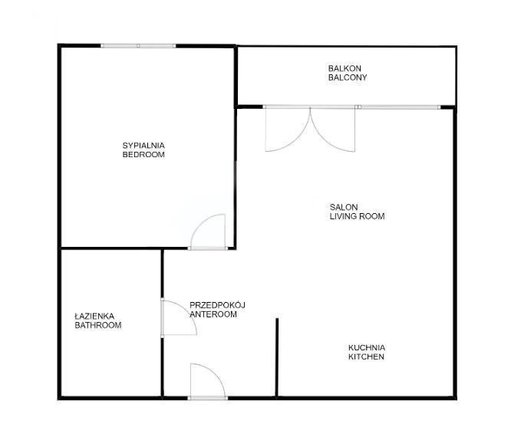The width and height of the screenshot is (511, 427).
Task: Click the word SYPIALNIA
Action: (x=143, y=145)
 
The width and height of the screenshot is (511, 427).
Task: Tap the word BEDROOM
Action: (x=143, y=154)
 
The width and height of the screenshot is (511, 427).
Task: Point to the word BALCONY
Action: (x=348, y=77)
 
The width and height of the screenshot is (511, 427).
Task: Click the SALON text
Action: (x=344, y=207)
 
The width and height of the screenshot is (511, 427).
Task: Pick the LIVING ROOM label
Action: (x=357, y=216)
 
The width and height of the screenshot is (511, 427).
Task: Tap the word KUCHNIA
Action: (x=367, y=347)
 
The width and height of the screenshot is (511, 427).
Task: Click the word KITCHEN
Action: (x=366, y=356)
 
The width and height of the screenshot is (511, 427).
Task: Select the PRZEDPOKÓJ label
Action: (x=217, y=305)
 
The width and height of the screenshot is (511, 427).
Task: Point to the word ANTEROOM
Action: (x=213, y=314)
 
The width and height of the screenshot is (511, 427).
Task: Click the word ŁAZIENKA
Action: (x=94, y=316)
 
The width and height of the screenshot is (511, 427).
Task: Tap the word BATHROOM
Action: (x=98, y=325)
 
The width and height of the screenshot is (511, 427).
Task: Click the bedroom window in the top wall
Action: (x=138, y=46)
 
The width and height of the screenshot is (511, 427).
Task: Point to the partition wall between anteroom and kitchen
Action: (x=277, y=358)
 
